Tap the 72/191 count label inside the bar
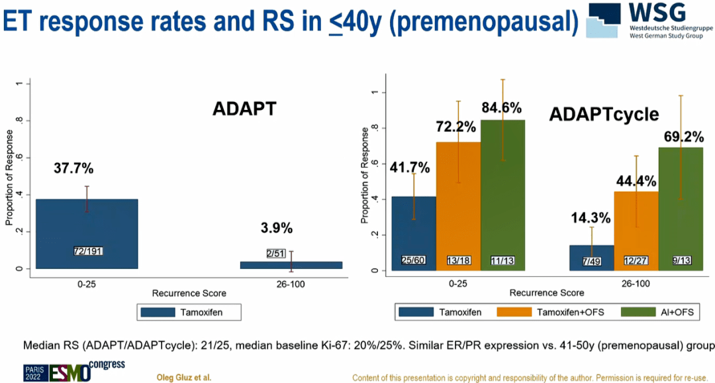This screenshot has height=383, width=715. (87, 251)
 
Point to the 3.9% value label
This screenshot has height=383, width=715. (276, 228)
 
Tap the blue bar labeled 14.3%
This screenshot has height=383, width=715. (592, 258)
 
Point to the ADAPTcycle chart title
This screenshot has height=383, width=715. (604, 115)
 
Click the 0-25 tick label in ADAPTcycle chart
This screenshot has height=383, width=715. (458, 282)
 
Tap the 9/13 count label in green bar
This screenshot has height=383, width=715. (680, 261)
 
